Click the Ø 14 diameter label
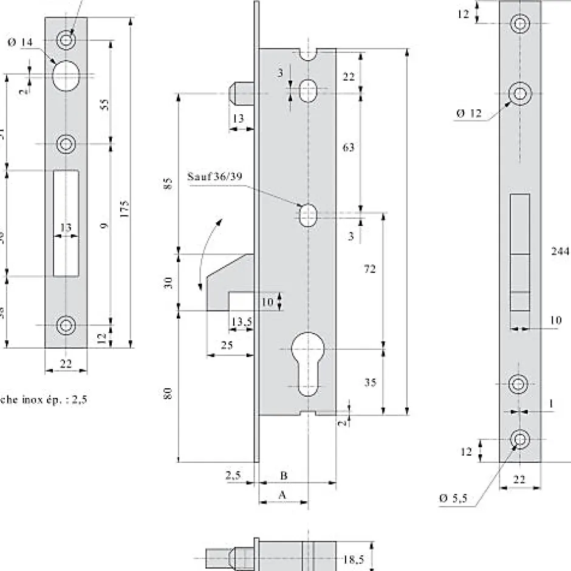[20, 43]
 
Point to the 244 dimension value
[559, 251]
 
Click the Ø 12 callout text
[468, 113]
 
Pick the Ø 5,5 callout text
[453, 498]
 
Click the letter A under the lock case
[282, 495]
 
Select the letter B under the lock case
[283, 474]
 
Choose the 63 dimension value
[349, 147]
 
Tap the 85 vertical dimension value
[169, 183]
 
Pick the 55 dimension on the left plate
[104, 104]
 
